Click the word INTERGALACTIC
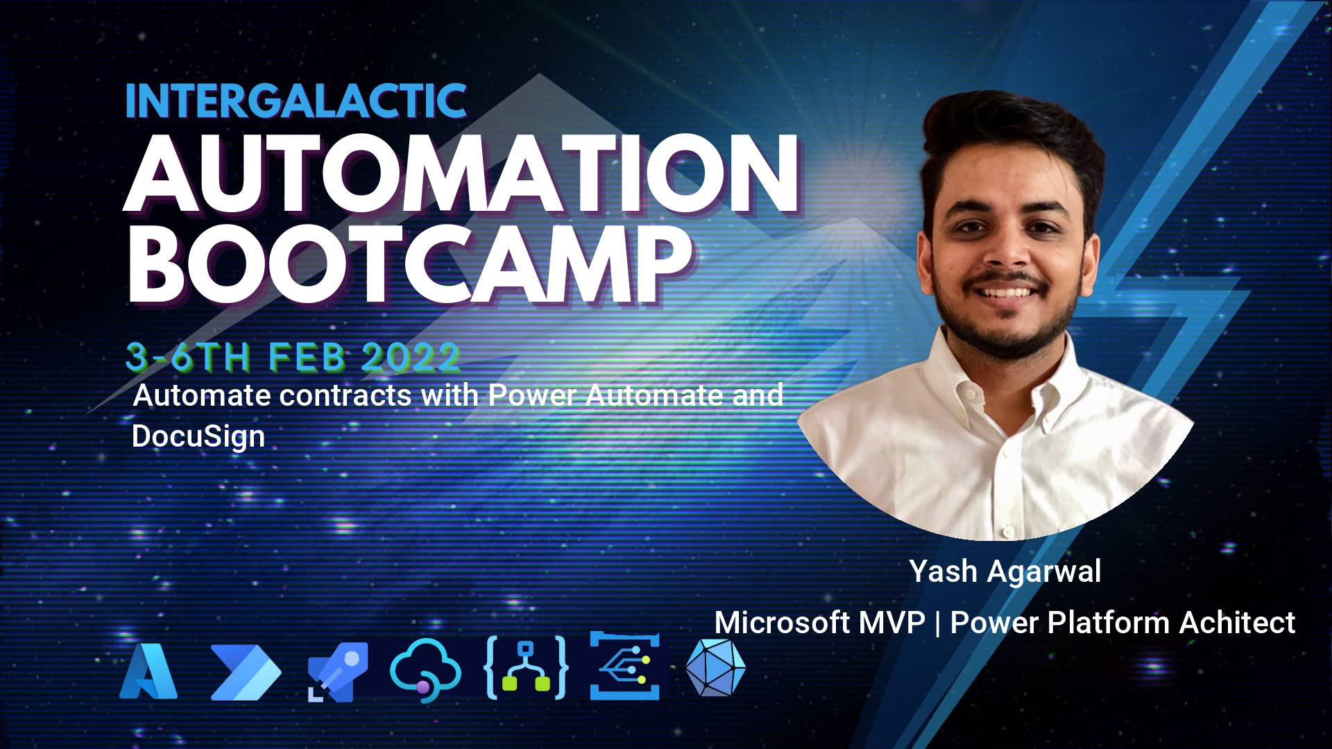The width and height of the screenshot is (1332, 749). [296, 101]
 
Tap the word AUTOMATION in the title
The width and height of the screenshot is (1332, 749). [461, 174]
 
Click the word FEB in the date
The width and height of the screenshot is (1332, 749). [307, 357]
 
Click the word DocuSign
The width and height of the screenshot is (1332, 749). [198, 437]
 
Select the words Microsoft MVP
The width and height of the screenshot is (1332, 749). [820, 622]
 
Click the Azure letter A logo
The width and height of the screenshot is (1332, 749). [148, 671]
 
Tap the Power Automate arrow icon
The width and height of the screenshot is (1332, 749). [246, 672]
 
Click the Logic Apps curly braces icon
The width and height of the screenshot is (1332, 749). [525, 666]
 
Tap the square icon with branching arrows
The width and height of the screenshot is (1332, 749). [624, 666]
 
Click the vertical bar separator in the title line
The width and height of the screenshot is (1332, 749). [937, 623]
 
